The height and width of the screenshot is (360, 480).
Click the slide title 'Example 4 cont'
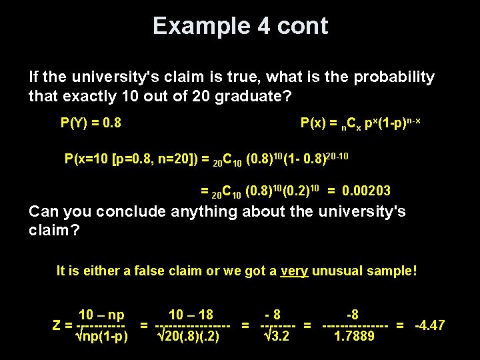point(240,26)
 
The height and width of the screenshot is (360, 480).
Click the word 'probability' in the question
point(394,77)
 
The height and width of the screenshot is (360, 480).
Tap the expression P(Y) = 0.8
point(91,123)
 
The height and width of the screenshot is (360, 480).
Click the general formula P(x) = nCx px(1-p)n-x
point(360,123)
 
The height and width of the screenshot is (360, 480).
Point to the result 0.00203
point(367,191)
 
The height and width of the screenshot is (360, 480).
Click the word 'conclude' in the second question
point(131,211)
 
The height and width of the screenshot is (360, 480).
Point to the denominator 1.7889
point(354,336)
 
